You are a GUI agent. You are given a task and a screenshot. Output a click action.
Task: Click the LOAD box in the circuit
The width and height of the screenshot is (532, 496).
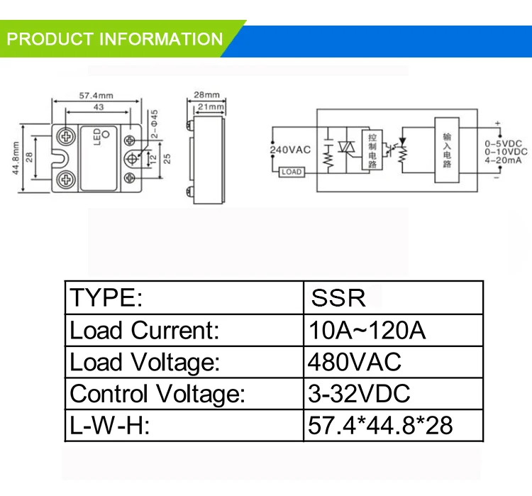(292, 171)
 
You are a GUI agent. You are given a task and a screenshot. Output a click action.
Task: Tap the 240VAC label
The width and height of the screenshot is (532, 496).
(291, 149)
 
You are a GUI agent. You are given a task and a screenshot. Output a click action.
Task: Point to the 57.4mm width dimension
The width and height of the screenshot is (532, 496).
(96, 95)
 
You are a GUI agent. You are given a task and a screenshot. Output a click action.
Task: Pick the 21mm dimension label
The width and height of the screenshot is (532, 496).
(208, 106)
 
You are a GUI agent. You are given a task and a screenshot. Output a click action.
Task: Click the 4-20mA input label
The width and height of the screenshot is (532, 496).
(504, 161)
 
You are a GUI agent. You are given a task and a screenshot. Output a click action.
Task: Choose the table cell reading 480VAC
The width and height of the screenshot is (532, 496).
(354, 362)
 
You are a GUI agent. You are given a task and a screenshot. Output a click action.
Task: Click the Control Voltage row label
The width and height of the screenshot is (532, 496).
(157, 393)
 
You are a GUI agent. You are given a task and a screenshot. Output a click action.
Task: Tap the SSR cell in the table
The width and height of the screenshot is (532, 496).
(338, 298)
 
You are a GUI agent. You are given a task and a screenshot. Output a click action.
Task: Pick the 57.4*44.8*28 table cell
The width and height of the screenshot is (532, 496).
(379, 425)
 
